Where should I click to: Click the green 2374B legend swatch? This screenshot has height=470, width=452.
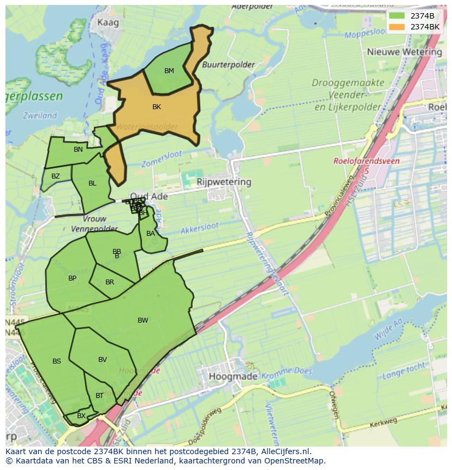point(397,16)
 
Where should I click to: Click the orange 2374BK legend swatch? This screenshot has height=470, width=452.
point(397,27)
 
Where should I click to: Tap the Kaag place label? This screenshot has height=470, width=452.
point(107,22)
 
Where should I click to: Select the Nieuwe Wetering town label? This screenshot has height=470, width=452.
point(405,52)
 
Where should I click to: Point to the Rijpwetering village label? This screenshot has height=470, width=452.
point(224,182)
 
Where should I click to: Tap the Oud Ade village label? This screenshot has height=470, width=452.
point(148,197)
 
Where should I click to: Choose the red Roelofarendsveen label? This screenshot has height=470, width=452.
point(366,162)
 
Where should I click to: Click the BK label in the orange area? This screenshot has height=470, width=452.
point(157,107)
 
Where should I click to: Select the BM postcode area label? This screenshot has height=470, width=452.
point(169,71)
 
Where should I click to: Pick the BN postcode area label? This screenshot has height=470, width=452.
point(78,150)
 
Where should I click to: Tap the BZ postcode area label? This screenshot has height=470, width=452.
point(56,176)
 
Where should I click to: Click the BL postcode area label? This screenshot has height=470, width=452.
point(92,183)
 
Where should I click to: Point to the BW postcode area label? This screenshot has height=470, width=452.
point(142,320)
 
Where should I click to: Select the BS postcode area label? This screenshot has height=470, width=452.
point(57,361)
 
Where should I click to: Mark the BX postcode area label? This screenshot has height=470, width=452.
point(81,416)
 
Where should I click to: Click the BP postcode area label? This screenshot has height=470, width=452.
point(72,278)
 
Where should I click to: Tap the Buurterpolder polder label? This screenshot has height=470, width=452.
point(228,64)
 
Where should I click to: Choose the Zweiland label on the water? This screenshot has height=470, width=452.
point(40,116)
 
